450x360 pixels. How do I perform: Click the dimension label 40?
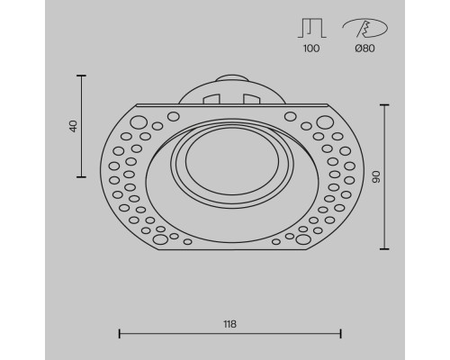pyautogui.click(x=73, y=125)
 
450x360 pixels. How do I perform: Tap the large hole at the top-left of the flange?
pyautogui.click(x=139, y=121)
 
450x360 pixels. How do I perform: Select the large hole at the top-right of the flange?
pyautogui.click(x=321, y=121)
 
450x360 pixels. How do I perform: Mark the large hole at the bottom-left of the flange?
pyautogui.click(x=149, y=238)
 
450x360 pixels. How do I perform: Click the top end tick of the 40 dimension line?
pyautogui.click(x=82, y=76)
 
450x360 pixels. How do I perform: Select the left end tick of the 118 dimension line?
pyautogui.click(x=120, y=335)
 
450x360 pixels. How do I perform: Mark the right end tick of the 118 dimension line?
pyautogui.click(x=341, y=335)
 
